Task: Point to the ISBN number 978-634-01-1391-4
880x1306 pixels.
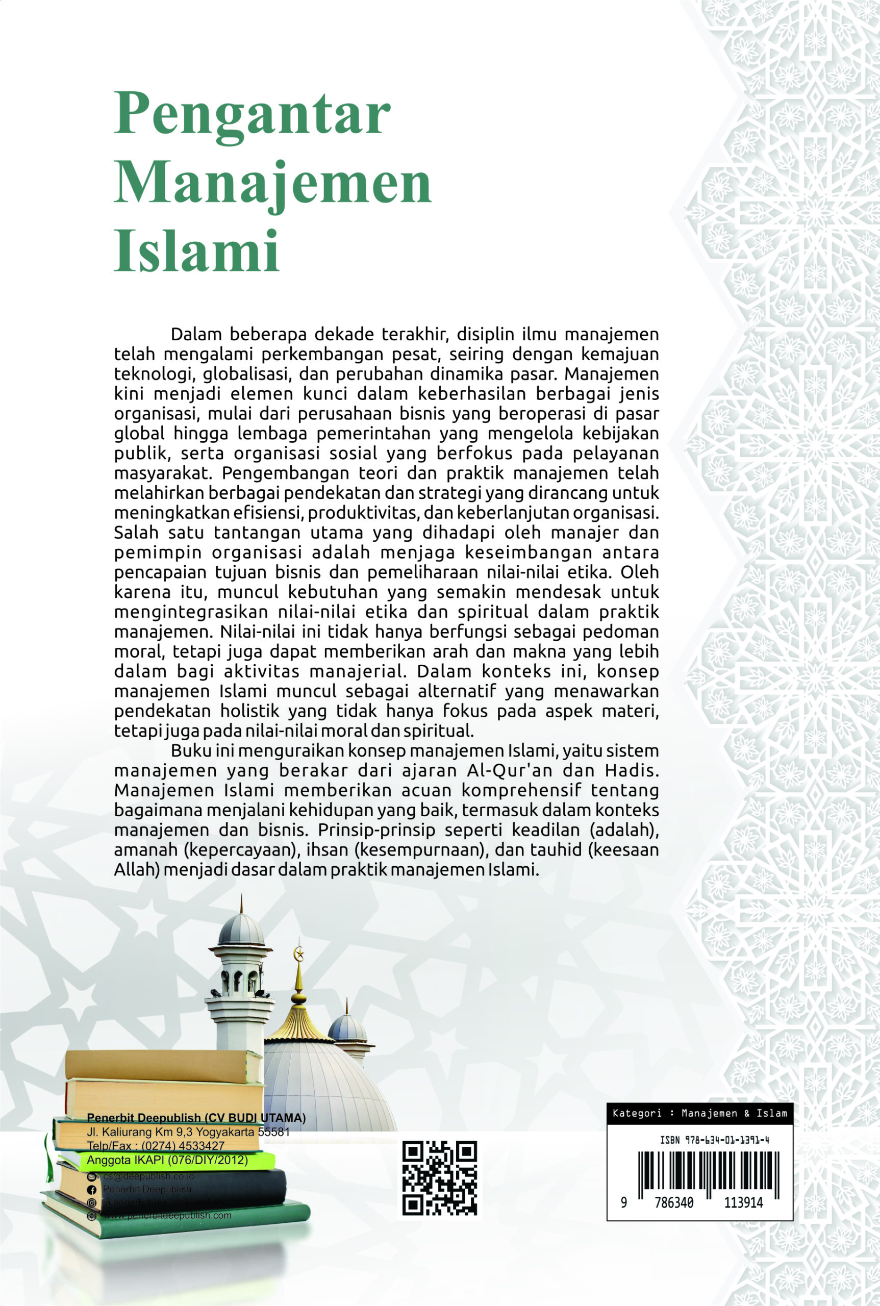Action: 714,1140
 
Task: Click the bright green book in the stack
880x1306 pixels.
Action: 168,1161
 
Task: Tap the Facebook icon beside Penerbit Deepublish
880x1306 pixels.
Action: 91,1190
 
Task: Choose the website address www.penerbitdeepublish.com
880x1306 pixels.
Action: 167,1216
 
